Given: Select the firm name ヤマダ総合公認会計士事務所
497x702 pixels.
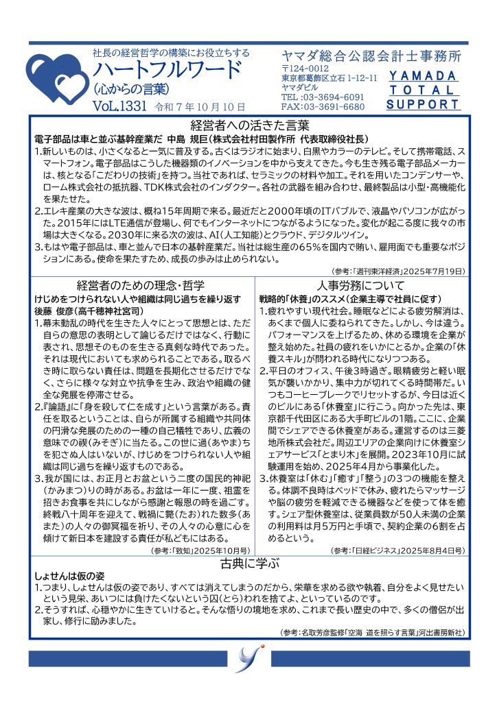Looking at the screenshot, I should [371, 56].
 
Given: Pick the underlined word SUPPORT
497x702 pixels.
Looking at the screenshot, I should [423, 105].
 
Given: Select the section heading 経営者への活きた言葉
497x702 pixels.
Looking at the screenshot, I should [250, 125].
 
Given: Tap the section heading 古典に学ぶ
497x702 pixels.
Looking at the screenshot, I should [250, 564].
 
